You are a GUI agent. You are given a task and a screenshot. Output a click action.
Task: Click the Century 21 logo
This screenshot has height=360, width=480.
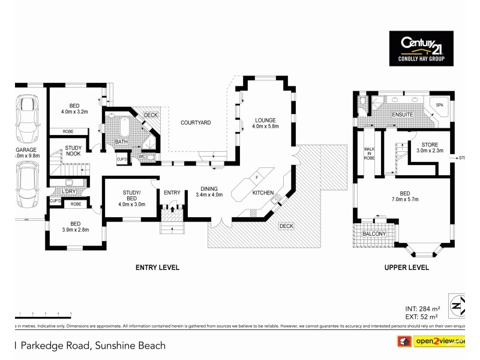tap(425, 48)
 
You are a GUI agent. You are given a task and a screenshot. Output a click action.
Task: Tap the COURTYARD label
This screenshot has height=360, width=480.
tap(196, 122)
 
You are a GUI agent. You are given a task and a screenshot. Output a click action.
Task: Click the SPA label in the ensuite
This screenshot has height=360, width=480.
tap(439, 106)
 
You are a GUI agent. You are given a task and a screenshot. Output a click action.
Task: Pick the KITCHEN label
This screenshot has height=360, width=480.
tap(263, 193)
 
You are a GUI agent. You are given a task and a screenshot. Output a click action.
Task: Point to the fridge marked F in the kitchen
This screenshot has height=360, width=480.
tap(256, 178)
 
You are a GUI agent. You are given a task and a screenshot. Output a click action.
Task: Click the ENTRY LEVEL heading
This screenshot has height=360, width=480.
tap(157, 268)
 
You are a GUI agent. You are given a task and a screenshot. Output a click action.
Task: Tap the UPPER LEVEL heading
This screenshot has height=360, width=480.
tap(406, 268)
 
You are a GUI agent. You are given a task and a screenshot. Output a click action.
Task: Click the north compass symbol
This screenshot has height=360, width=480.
tap(458, 305)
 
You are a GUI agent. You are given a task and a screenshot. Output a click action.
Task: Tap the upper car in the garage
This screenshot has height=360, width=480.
tap(28, 118)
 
